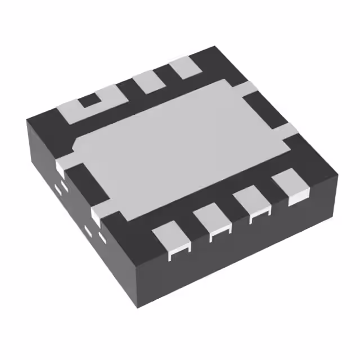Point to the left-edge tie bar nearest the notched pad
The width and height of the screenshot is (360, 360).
[x=64, y=165]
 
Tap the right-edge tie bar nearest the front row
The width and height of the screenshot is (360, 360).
[x=288, y=131]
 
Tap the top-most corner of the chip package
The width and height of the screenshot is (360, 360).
[x=214, y=47]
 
